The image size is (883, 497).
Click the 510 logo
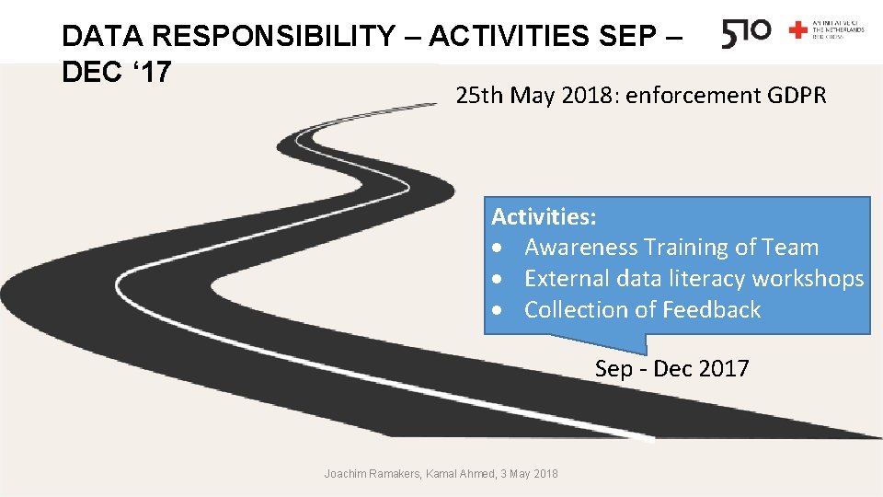tap(746, 33)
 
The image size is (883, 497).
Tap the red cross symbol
tap(798, 30)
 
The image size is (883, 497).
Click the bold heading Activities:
tap(544, 217)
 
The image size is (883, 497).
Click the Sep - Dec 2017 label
tap(671, 369)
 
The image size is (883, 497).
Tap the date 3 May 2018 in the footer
tap(529, 473)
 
